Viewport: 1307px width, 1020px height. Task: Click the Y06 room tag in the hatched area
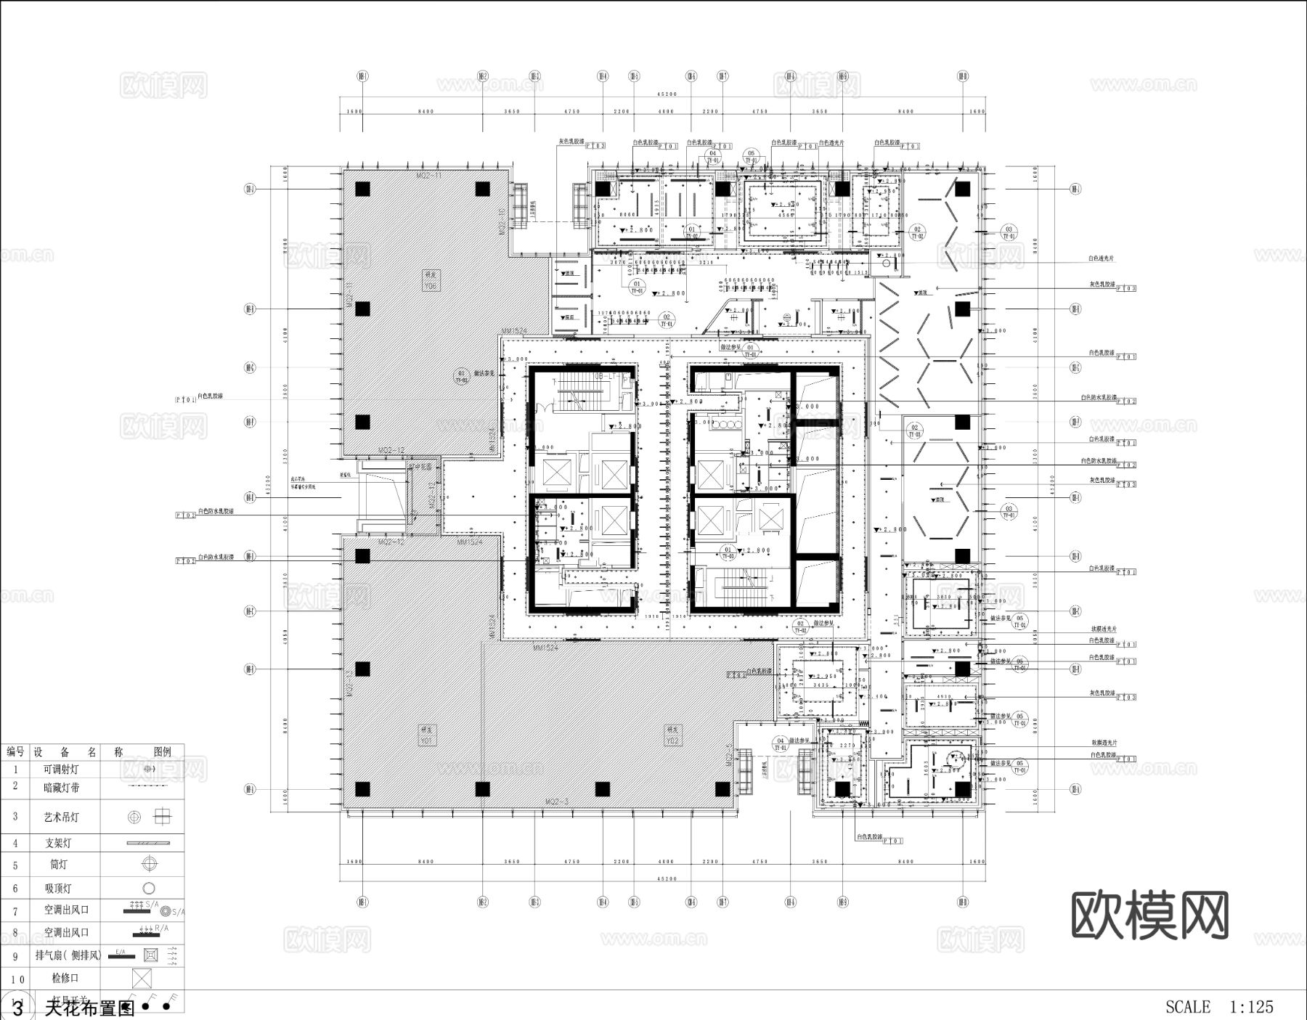(x=431, y=280)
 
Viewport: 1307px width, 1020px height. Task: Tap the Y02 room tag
(x=673, y=735)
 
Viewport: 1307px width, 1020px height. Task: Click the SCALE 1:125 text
(x=1219, y=1007)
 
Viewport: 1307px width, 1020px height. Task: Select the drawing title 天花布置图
(x=89, y=1008)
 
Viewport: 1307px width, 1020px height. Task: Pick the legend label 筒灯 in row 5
(x=60, y=865)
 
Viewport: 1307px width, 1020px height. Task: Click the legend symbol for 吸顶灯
(x=149, y=888)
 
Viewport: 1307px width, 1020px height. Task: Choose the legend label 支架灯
(x=60, y=843)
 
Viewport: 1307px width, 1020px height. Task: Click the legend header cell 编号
(x=15, y=752)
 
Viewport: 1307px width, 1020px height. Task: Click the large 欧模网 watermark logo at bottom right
(x=1150, y=915)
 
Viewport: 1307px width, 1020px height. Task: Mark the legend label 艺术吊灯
(x=62, y=817)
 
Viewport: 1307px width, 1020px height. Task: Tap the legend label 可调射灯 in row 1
(x=62, y=769)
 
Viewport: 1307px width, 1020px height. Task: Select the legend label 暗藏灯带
(x=62, y=787)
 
